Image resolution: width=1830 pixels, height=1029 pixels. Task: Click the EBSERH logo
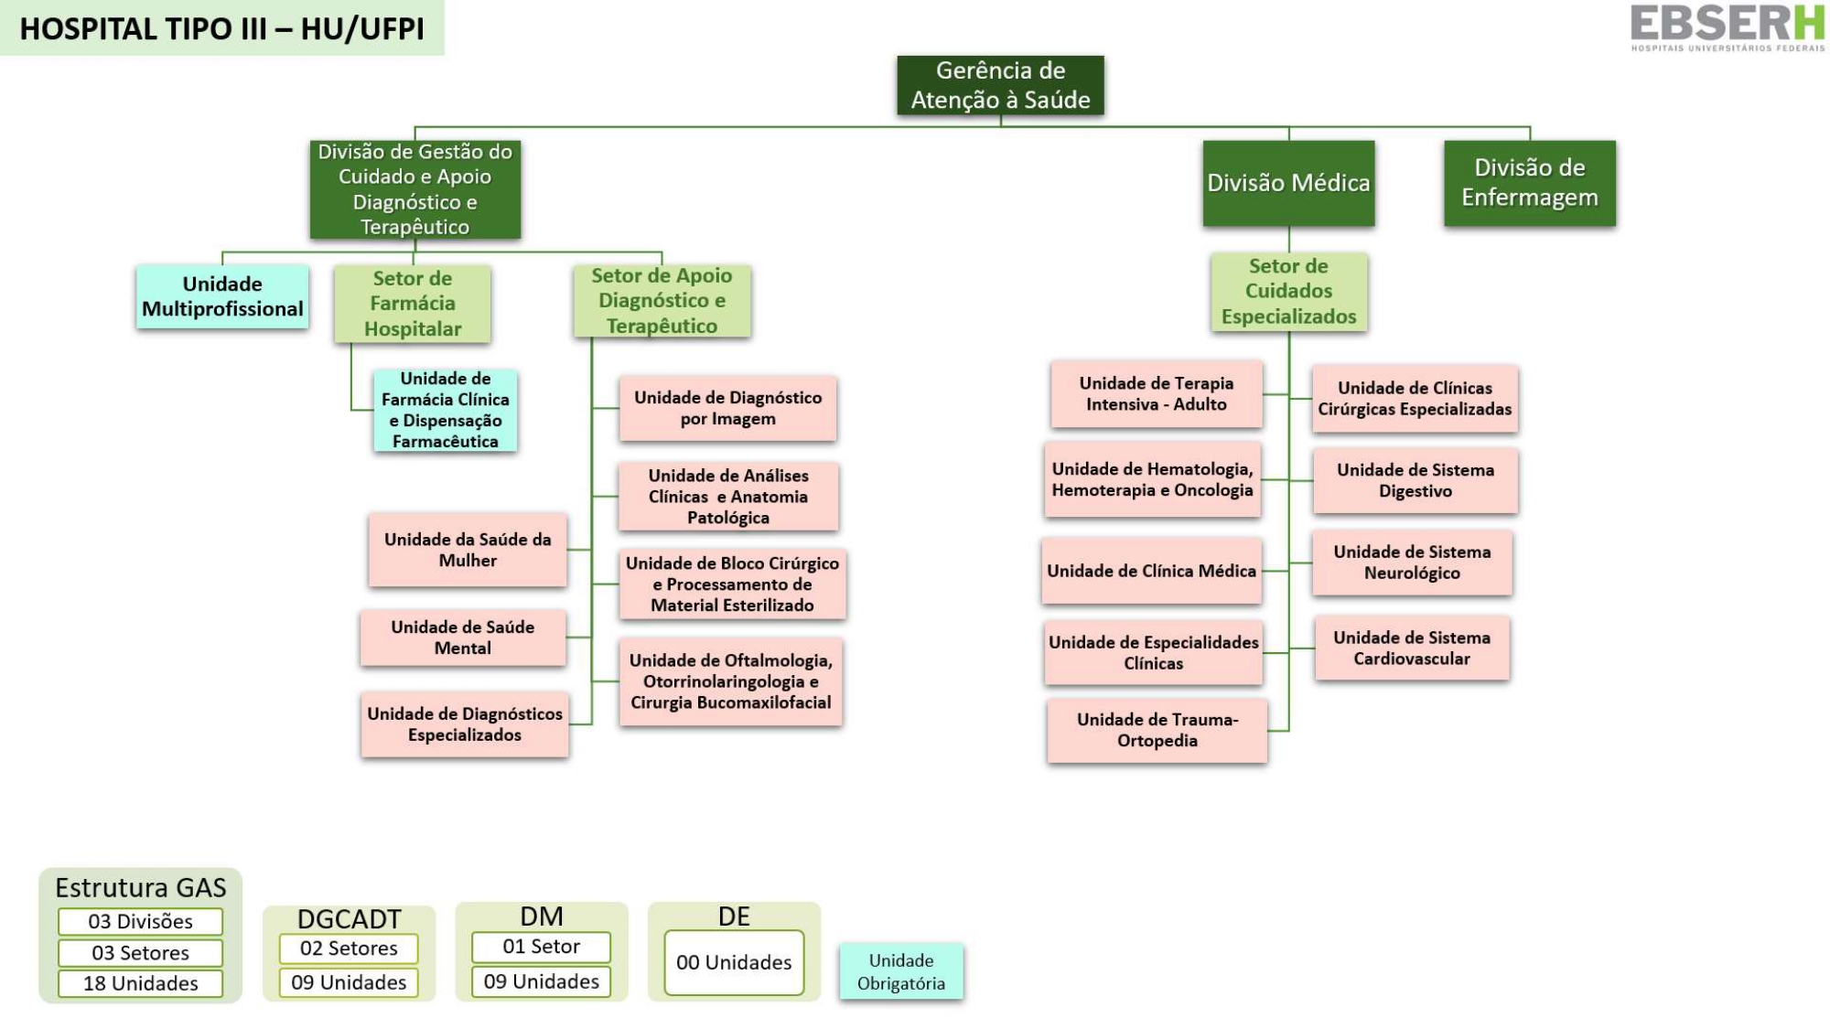(1727, 27)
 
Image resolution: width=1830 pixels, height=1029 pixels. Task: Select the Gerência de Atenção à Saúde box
(1000, 85)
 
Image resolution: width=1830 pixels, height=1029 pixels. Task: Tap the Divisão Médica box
(1288, 183)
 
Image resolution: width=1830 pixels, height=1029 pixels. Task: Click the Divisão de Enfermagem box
(1529, 183)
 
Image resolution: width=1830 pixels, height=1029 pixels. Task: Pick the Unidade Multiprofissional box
(222, 296)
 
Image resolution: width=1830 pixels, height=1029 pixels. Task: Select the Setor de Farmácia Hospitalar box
(413, 304)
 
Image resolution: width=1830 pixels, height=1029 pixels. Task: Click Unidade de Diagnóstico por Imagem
(728, 408)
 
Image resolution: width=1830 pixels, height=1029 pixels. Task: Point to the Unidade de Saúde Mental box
(463, 638)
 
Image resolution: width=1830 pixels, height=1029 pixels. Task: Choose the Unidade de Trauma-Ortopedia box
(1157, 730)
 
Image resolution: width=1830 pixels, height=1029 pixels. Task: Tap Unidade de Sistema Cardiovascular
(1412, 648)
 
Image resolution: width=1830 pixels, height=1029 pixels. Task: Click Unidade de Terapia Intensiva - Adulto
(1157, 394)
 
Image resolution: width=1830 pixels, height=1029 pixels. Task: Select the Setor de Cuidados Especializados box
(1288, 292)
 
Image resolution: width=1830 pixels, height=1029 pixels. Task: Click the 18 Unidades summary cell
(140, 983)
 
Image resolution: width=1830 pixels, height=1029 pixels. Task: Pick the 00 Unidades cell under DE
(734, 962)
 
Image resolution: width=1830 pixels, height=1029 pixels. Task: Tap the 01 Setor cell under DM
(541, 947)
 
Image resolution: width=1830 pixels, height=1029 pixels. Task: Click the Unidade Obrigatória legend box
(901, 971)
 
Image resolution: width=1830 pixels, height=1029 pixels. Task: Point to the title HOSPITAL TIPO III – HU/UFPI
(222, 28)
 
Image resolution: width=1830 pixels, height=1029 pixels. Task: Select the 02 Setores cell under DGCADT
(349, 949)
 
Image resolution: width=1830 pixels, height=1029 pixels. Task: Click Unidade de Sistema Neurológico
(1412, 563)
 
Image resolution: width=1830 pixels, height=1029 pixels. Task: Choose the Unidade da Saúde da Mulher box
(468, 550)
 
